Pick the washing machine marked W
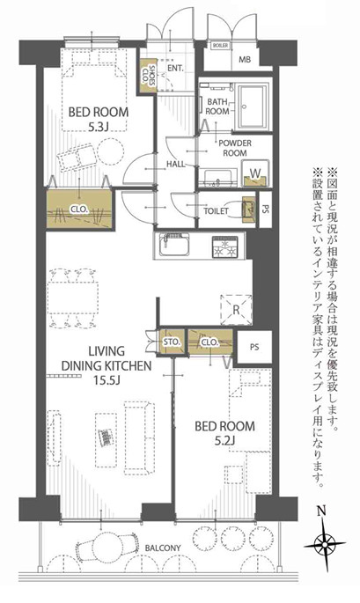tap(253, 173)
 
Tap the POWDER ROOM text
tap(236, 147)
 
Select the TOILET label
tap(216, 211)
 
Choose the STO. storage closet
tap(172, 342)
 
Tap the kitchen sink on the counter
tap(173, 243)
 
